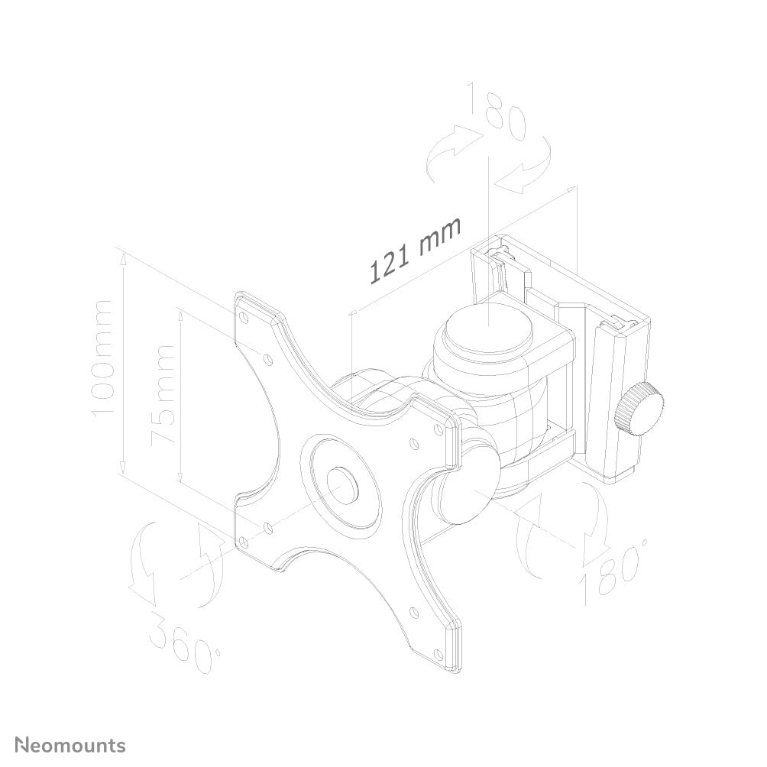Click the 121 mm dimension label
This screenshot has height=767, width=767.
[416, 249]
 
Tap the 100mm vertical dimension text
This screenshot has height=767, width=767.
[102, 358]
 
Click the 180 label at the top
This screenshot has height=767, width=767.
[498, 112]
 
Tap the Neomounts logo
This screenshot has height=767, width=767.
[71, 745]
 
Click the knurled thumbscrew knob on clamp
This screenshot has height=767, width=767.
[643, 409]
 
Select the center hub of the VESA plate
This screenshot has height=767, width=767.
[341, 483]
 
